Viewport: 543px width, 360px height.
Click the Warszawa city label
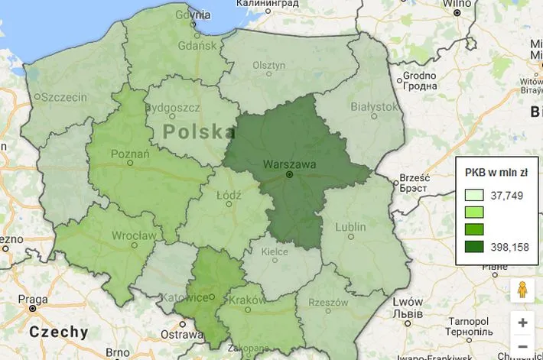pyautogui.click(x=288, y=164)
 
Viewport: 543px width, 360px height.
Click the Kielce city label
pyautogui.click(x=275, y=250)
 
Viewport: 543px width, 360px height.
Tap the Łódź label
pyautogui.click(x=229, y=196)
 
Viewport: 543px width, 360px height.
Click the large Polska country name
pyautogui.click(x=199, y=131)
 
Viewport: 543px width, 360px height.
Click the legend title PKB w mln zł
pyautogui.click(x=496, y=172)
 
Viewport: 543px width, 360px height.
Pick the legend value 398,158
pyautogui.click(x=509, y=247)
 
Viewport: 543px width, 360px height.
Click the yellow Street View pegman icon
pyautogui.click(x=522, y=290)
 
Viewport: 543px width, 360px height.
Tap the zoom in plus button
pyautogui.click(x=522, y=323)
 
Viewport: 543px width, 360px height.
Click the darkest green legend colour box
pyautogui.click(x=474, y=247)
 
